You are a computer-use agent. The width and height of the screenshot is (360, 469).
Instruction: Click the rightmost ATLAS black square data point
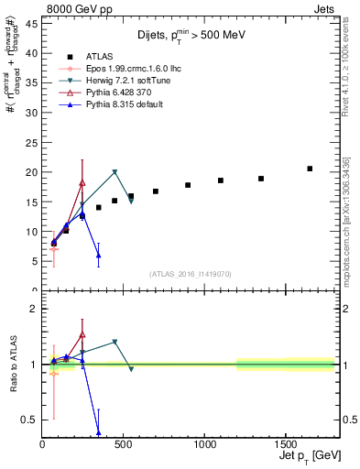(310, 169)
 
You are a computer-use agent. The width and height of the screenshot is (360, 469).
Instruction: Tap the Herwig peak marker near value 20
(115, 172)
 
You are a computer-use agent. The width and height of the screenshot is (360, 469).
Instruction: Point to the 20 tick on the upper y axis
(32, 172)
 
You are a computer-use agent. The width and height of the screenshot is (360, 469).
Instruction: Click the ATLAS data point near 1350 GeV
(261, 179)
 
